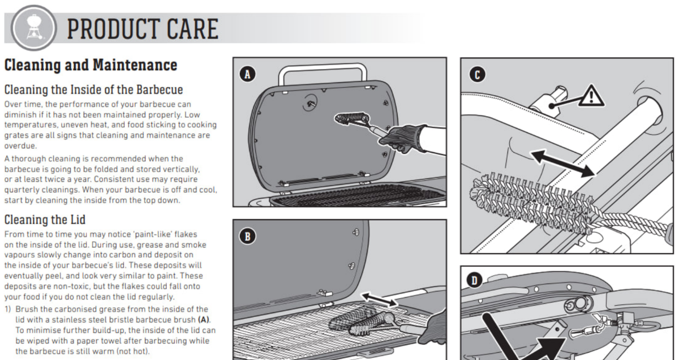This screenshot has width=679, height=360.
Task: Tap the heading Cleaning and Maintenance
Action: pos(91,65)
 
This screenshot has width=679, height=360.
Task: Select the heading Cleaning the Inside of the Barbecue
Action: pos(93,89)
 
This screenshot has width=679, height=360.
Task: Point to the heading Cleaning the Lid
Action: pos(45,220)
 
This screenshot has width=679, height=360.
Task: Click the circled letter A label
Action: pos(247,73)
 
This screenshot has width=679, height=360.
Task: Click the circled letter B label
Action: pos(247,236)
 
